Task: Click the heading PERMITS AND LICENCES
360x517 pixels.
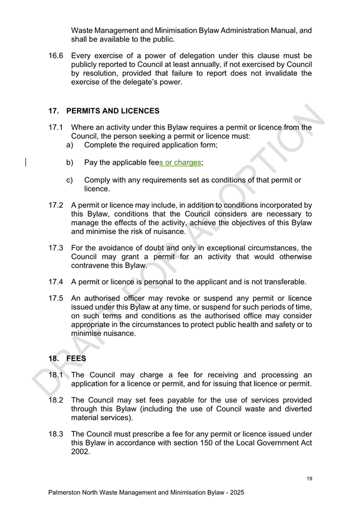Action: click(x=112, y=111)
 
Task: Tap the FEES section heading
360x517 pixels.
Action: click(x=76, y=358)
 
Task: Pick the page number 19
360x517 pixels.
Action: click(x=309, y=478)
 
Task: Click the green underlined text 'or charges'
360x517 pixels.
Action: click(x=182, y=163)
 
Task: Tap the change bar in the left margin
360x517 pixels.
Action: click(x=26, y=162)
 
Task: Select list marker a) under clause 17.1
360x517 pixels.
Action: click(x=70, y=145)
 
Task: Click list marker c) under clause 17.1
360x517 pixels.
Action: click(x=70, y=180)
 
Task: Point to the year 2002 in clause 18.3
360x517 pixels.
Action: click(x=80, y=452)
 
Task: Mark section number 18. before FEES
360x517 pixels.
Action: click(x=55, y=358)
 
